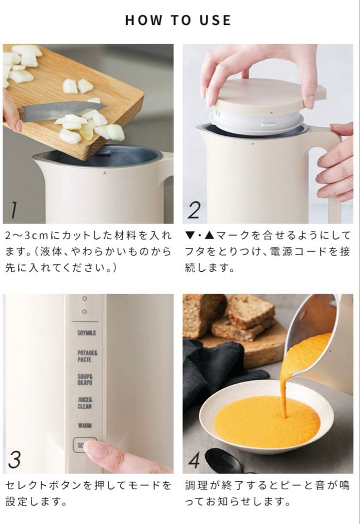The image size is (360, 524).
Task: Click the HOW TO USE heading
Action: [x=178, y=20]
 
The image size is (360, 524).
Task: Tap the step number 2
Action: [x=194, y=210]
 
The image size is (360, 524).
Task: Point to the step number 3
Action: [x=15, y=459]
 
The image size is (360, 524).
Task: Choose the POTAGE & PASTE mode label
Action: [x=84, y=357]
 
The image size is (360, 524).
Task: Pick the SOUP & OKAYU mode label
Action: [x=84, y=379]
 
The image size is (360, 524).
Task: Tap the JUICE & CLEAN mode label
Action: [x=84, y=403]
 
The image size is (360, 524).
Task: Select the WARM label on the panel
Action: [x=84, y=426]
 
